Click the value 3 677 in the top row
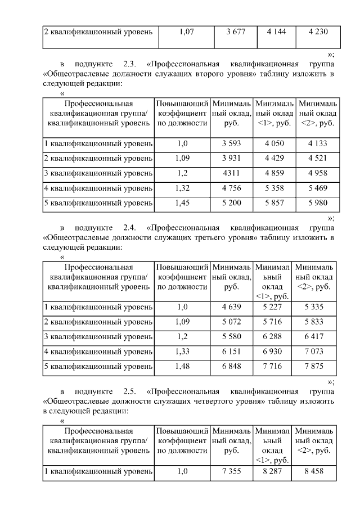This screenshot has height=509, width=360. coord(235,32)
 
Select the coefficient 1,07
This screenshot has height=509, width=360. coord(186,32)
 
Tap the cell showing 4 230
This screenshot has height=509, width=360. coord(318,32)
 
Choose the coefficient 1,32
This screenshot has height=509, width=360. coord(182,188)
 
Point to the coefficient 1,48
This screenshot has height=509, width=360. coord(182,366)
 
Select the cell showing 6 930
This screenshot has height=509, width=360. coord(272,351)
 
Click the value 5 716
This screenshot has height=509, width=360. coord(272,322)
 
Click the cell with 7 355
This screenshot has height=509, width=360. coord(231,471)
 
